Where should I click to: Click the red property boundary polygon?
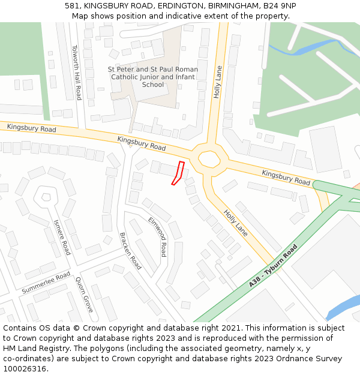tap(178, 173)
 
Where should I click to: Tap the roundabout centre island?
tap(209, 160)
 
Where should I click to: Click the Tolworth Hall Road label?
tap(76, 73)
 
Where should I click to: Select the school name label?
tap(153, 77)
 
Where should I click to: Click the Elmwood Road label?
tap(157, 236)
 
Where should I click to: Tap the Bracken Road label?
tap(130, 251)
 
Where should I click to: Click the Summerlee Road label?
tap(46, 283)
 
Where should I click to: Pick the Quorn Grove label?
tap(84, 294)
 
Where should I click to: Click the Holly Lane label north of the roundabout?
tap(218, 82)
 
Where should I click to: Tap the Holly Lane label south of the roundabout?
tap(236, 222)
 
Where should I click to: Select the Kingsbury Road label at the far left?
tap(32, 128)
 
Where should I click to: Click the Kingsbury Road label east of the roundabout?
tap(286, 177)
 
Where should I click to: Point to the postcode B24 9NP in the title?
tap(280, 6)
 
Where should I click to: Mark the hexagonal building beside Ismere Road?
tap(45, 196)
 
